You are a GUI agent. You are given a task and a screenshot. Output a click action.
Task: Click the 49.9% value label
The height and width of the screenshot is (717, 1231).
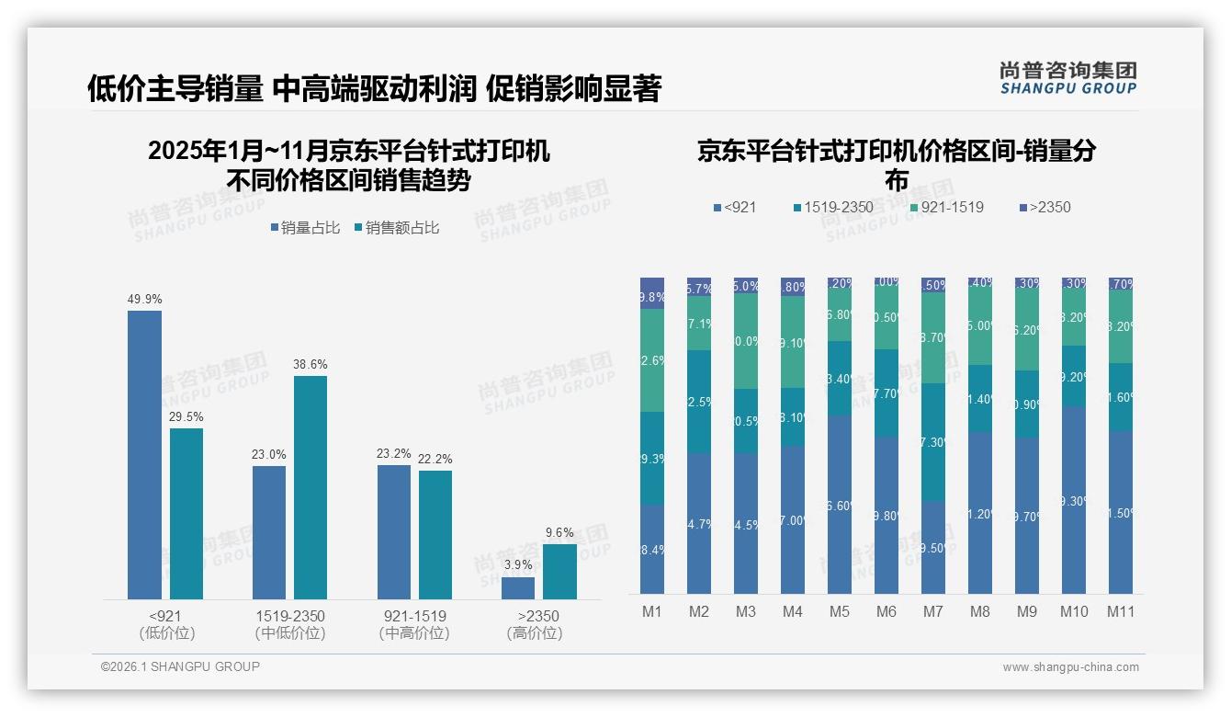144,299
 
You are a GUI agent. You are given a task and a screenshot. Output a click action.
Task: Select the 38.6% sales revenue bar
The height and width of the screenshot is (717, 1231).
311,487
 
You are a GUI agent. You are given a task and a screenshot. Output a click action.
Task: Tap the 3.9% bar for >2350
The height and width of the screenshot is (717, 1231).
518,588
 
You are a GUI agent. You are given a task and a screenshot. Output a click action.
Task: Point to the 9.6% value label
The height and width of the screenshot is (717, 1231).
559,532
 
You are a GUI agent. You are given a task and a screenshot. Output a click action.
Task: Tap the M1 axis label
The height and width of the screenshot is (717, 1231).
652,611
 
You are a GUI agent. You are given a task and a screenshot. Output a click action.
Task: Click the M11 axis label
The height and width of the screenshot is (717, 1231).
1121,611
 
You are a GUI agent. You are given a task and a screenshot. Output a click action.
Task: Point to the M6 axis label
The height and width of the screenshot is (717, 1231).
887,611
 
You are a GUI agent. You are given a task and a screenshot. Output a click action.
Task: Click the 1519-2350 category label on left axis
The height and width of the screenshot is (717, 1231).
290,616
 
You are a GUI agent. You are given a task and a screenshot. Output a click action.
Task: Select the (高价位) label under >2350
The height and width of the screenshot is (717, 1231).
535,633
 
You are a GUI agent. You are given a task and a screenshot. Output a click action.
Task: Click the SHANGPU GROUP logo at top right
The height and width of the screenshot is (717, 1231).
1067,78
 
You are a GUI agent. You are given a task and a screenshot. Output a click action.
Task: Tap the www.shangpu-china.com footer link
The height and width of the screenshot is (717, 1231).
1070,667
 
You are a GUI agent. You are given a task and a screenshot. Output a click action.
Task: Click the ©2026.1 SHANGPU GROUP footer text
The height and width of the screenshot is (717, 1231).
180,666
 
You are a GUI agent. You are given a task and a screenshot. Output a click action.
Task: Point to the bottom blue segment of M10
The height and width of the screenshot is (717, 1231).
1074,501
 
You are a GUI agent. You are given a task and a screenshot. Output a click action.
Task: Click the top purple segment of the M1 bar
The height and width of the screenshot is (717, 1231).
652,292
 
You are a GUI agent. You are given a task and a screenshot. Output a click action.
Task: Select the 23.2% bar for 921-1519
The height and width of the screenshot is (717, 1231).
394,531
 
